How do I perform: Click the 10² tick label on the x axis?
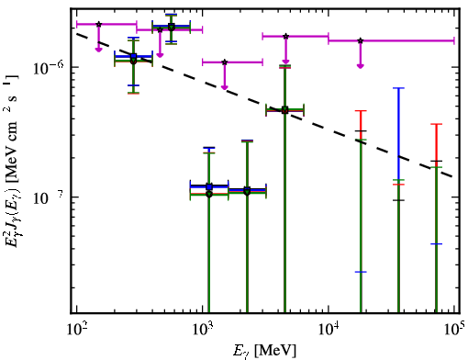76,330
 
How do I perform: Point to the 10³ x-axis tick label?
203,330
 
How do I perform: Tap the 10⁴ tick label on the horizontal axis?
329,330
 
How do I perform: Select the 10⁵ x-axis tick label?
454,330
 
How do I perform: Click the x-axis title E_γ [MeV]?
265,351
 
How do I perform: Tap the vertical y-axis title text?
13,159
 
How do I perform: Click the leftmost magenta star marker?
98,24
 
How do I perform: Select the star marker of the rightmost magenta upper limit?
361,40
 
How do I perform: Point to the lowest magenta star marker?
225,62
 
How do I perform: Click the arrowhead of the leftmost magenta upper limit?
98,50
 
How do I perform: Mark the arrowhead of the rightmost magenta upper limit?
361,66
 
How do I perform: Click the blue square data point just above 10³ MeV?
209,186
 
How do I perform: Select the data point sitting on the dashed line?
285,110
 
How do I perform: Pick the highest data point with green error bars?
172,28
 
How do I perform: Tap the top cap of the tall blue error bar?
398,88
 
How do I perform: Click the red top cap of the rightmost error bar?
436,124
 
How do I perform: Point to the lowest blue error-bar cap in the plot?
361,272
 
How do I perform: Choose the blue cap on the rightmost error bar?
436,244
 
